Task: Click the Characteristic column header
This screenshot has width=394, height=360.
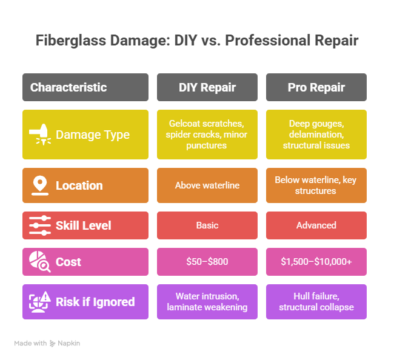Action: tap(85, 87)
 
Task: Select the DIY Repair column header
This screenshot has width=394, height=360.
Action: tap(207, 87)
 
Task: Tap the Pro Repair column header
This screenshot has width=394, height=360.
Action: tap(316, 87)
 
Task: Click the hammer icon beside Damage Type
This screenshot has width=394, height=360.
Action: tap(40, 134)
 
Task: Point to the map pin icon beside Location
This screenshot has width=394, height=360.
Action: tap(40, 185)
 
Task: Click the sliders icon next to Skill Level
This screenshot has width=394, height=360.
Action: tap(40, 225)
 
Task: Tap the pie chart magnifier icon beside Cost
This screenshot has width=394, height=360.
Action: tap(39, 262)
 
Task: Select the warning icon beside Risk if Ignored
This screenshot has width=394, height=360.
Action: tap(40, 302)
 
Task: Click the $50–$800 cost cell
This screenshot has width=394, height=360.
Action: tap(207, 262)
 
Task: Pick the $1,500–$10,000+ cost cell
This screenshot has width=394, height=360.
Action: tap(316, 262)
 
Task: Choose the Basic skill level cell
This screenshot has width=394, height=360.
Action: tap(207, 225)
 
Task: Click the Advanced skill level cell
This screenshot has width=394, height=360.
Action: tap(316, 225)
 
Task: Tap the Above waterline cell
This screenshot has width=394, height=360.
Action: tap(207, 185)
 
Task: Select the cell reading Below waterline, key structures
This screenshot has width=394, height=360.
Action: tap(316, 185)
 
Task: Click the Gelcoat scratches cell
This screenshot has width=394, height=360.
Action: tap(207, 135)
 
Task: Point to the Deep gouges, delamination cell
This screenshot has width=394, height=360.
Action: tap(316, 135)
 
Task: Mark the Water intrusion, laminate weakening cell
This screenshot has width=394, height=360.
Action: tap(207, 302)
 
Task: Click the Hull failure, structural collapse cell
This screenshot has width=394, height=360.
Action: tap(316, 302)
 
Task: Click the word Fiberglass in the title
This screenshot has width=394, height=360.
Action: tap(71, 41)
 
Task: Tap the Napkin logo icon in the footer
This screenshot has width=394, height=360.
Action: tap(52, 343)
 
